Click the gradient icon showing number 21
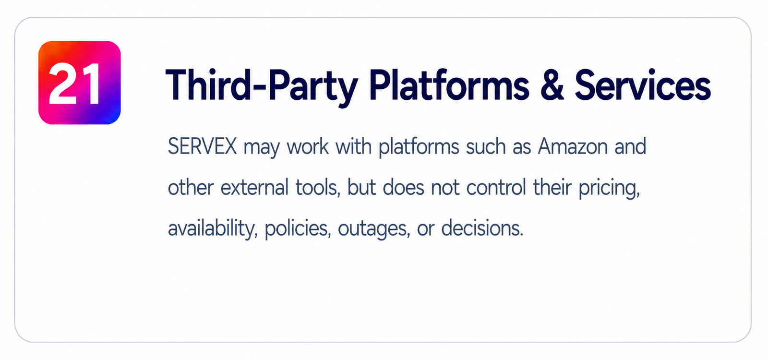tap(80, 83)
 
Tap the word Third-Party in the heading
tap(262, 85)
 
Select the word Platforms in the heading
tap(449, 84)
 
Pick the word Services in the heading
tap(643, 84)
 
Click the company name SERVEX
tap(202, 146)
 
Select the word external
tap(254, 188)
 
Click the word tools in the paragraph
tap(318, 188)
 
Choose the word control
tap(496, 188)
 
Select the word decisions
tap(482, 228)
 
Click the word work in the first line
tap(308, 146)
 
